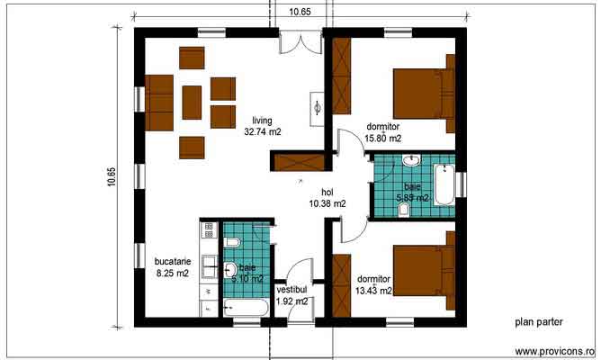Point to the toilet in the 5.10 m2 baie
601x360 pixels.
coord(229,243)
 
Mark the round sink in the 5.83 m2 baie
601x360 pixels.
coord(411,161)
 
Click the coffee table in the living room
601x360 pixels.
coord(192,102)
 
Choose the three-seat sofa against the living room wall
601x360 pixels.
coord(159,103)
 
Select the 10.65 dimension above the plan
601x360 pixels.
coord(300,11)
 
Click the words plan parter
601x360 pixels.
coord(539,321)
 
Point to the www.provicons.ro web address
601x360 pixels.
coord(555,350)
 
